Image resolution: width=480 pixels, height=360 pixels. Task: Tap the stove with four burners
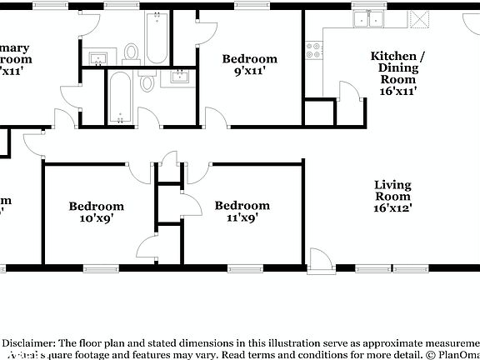(314, 50)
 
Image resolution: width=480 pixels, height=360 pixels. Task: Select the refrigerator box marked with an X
(420, 18)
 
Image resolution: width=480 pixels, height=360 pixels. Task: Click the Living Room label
(393, 191)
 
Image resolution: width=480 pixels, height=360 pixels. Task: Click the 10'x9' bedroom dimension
(96, 218)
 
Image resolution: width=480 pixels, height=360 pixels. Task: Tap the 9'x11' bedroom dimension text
(248, 72)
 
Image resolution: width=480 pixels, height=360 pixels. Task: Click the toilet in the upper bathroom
(131, 52)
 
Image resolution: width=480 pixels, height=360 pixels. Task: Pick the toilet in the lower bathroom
(148, 82)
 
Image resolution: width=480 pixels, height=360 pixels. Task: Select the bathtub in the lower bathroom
(121, 97)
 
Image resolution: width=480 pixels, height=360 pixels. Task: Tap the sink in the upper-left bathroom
(98, 57)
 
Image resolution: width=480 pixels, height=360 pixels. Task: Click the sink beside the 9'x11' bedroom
(179, 77)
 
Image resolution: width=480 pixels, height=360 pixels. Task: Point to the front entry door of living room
(318, 260)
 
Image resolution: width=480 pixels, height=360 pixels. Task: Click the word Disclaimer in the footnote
(28, 342)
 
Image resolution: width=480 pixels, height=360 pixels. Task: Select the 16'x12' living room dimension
(393, 210)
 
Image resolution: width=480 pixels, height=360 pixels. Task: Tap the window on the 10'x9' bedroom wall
(101, 268)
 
